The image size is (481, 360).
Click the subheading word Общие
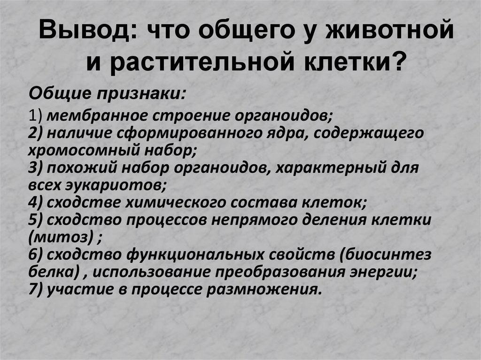coord(60,92)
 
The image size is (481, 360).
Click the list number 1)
coord(36,116)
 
